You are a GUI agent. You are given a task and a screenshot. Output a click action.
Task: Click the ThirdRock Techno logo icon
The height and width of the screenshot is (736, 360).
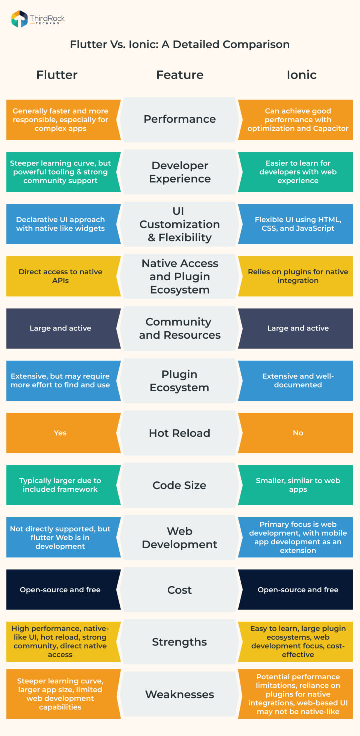point(19,19)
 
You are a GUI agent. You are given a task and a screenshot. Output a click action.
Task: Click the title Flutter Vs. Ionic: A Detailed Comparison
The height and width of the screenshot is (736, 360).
point(180,44)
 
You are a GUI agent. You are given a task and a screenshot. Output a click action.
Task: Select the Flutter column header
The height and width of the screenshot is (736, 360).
point(57,75)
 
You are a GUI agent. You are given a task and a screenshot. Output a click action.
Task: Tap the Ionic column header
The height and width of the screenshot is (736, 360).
point(301,75)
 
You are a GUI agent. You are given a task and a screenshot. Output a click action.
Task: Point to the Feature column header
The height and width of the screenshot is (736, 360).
point(180,75)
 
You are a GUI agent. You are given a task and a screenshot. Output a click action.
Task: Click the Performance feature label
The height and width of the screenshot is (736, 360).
point(180,119)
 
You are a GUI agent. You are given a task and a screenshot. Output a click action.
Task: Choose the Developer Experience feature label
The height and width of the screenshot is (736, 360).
point(180,172)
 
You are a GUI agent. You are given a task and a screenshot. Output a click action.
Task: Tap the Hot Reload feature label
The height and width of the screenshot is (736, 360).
point(180,433)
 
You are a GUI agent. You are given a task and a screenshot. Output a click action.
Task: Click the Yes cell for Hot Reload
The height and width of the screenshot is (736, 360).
point(60,433)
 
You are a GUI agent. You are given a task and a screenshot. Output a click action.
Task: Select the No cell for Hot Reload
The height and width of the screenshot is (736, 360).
point(298,433)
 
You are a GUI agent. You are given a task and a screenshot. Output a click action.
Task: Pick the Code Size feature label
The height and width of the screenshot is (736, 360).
point(180,485)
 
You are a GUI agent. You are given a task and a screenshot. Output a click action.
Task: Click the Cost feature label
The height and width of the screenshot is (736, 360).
point(180,590)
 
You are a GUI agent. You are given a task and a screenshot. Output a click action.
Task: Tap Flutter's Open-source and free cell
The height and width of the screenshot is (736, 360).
point(60,590)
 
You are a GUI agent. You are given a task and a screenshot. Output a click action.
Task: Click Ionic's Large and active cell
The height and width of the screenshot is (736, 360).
point(298,328)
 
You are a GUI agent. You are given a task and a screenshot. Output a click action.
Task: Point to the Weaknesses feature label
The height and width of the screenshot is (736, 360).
point(180,694)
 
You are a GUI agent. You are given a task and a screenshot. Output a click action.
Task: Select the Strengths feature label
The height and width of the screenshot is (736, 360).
point(180,642)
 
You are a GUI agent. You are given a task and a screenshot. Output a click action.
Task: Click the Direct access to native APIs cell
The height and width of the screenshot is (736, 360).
point(60,276)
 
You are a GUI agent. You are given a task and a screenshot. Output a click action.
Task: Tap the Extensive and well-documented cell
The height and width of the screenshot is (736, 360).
point(298,380)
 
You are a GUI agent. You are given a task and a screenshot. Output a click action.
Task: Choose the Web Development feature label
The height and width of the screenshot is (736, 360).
point(180,537)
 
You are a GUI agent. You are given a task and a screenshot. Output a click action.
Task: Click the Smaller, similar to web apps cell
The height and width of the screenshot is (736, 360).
point(298,485)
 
